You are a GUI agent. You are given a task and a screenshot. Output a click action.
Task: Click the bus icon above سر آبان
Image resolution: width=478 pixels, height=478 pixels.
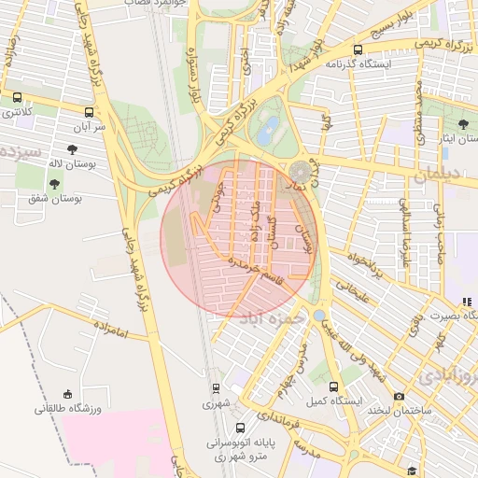pos(89,107)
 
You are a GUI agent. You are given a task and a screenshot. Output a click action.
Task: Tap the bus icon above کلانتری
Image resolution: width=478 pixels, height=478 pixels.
pos(18,97)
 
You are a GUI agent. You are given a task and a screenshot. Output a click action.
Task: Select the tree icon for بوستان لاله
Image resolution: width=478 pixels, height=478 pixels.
pos(73,149)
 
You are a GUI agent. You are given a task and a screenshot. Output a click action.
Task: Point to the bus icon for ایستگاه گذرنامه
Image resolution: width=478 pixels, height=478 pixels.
pos(358,49)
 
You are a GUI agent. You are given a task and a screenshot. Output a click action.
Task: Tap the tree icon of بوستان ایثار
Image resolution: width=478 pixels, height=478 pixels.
pos(463,123)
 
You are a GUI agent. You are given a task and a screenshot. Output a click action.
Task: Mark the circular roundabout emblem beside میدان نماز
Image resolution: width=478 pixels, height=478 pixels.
pos(301,172)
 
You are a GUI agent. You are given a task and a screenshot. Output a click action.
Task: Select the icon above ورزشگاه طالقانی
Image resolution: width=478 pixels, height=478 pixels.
pos(66,395)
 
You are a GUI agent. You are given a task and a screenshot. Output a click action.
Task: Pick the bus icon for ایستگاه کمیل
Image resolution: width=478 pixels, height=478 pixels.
pos(334,386)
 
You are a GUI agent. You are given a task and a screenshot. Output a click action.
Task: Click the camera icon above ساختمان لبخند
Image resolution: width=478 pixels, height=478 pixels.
pos(399,396)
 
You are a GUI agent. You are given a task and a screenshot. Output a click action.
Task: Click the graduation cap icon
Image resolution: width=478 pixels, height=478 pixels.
pos(412,471)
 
